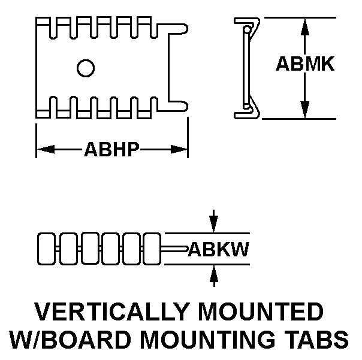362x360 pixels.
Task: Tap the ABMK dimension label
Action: point(305,65)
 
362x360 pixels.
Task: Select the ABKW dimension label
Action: point(219,249)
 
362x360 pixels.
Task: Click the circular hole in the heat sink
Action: point(86,68)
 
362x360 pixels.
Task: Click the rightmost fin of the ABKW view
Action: point(152,248)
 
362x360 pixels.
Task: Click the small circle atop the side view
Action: point(246,29)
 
